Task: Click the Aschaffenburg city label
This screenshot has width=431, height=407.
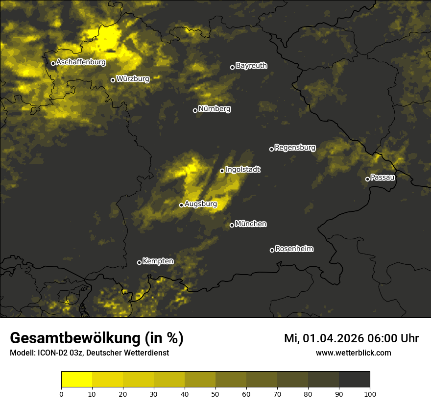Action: [x=81, y=62]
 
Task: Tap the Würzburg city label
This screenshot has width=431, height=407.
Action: [x=133, y=78]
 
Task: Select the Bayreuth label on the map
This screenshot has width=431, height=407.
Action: [x=251, y=66]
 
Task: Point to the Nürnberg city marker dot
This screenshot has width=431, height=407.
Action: [x=195, y=110]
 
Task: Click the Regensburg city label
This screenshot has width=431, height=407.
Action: [x=295, y=148]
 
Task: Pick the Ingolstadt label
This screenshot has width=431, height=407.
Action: [x=243, y=170]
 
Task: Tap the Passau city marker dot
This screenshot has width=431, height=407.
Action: [x=367, y=179]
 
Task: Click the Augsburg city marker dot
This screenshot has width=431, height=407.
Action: [x=181, y=205]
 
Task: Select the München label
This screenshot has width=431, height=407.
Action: [x=251, y=224]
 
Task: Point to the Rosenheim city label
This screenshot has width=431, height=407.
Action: [x=294, y=249]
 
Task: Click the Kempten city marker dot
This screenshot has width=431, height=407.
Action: [x=139, y=262]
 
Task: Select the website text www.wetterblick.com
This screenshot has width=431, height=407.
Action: [x=354, y=353]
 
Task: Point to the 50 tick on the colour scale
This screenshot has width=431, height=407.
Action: [x=215, y=393]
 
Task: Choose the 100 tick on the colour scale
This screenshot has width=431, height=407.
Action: [x=370, y=393]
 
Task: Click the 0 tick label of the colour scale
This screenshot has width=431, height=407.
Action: [x=61, y=393]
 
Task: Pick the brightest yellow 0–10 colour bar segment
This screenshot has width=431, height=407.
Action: [x=76, y=380]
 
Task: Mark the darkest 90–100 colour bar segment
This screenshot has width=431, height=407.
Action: [x=354, y=380]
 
